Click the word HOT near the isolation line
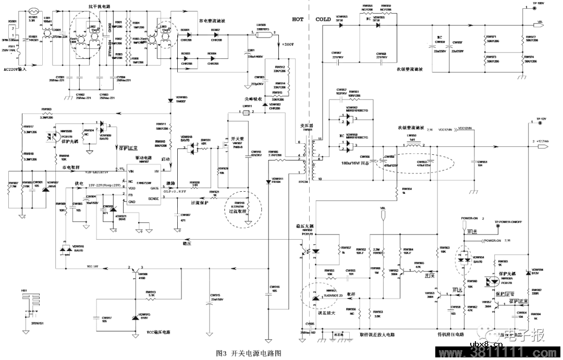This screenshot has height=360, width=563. click(x=297, y=19)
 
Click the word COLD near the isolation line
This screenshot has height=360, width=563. click(x=323, y=19)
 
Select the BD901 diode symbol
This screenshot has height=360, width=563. click(x=186, y=34)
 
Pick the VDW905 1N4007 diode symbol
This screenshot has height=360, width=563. click(x=170, y=100)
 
